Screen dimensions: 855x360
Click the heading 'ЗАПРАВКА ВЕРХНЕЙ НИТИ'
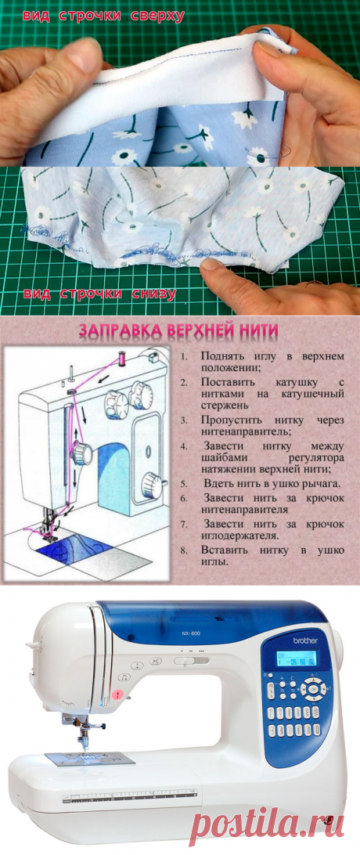(x=179, y=333)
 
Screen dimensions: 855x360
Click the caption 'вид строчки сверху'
(x=104, y=16)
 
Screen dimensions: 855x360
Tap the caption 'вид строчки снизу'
(x=99, y=294)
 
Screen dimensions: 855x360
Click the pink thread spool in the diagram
(x=122, y=359)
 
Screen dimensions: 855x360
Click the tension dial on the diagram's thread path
(x=80, y=452)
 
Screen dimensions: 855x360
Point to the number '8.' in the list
(x=182, y=551)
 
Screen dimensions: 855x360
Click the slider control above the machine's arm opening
(x=184, y=661)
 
